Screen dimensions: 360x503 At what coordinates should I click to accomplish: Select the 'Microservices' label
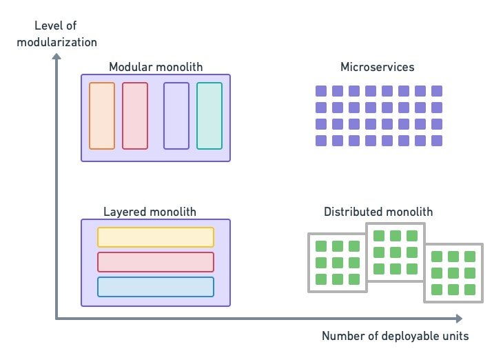point(377,67)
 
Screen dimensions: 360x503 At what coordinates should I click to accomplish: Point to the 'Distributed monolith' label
point(378,212)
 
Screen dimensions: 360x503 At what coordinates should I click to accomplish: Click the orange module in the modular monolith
point(102,116)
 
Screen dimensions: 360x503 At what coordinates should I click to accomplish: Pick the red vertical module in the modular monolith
point(135,116)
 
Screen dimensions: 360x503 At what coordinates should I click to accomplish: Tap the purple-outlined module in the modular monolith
point(176,116)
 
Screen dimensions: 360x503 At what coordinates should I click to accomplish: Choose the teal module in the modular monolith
point(209,116)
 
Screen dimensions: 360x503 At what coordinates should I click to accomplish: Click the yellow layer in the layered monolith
point(156,237)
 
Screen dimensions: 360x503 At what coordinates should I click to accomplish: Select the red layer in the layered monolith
point(156,262)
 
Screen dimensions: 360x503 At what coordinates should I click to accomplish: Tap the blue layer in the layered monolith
point(156,287)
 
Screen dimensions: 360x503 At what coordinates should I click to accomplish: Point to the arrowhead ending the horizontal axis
point(459,318)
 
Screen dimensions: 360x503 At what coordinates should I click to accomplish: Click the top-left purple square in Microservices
point(320,91)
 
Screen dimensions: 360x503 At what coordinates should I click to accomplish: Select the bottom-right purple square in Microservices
point(436,141)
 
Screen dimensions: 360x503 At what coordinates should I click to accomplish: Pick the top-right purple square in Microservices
point(436,91)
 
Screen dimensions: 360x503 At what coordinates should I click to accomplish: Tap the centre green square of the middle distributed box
point(395,252)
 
